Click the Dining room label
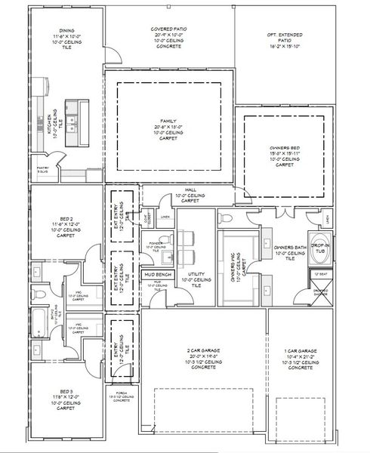click(x=66, y=39)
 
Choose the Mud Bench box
click(x=159, y=274)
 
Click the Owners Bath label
click(x=289, y=251)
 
